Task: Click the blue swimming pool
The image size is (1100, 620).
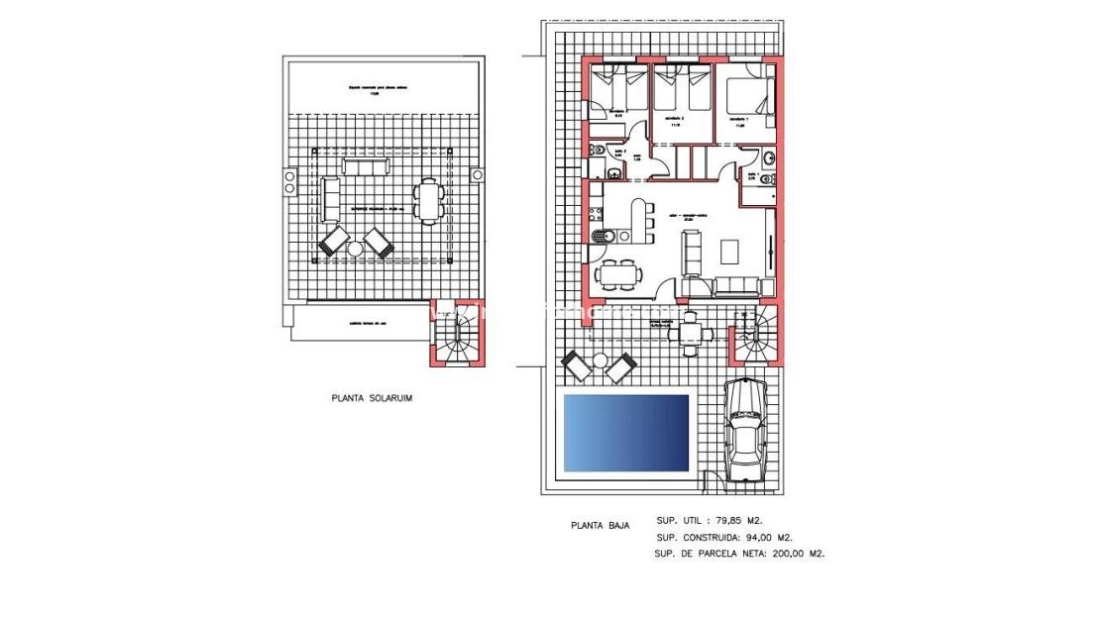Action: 625,433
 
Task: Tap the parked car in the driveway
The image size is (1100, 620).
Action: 744,432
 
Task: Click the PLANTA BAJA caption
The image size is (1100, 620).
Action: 596,527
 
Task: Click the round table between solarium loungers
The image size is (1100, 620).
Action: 355,250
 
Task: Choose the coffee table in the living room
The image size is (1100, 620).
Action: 729,251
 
